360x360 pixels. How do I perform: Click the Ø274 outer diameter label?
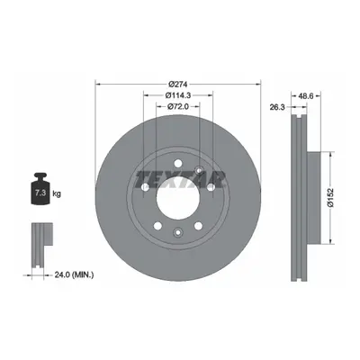point(178,85)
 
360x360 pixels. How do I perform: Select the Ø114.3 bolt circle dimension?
point(178,95)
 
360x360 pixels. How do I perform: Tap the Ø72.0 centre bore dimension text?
point(178,106)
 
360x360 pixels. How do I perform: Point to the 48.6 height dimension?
point(306,95)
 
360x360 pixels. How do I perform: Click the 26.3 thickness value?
point(276,107)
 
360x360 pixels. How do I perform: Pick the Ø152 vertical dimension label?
point(330,197)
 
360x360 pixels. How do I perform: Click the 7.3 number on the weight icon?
point(40,193)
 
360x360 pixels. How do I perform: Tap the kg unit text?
point(57,193)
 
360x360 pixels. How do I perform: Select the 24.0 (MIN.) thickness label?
point(74,274)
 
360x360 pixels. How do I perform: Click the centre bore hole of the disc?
point(178,198)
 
